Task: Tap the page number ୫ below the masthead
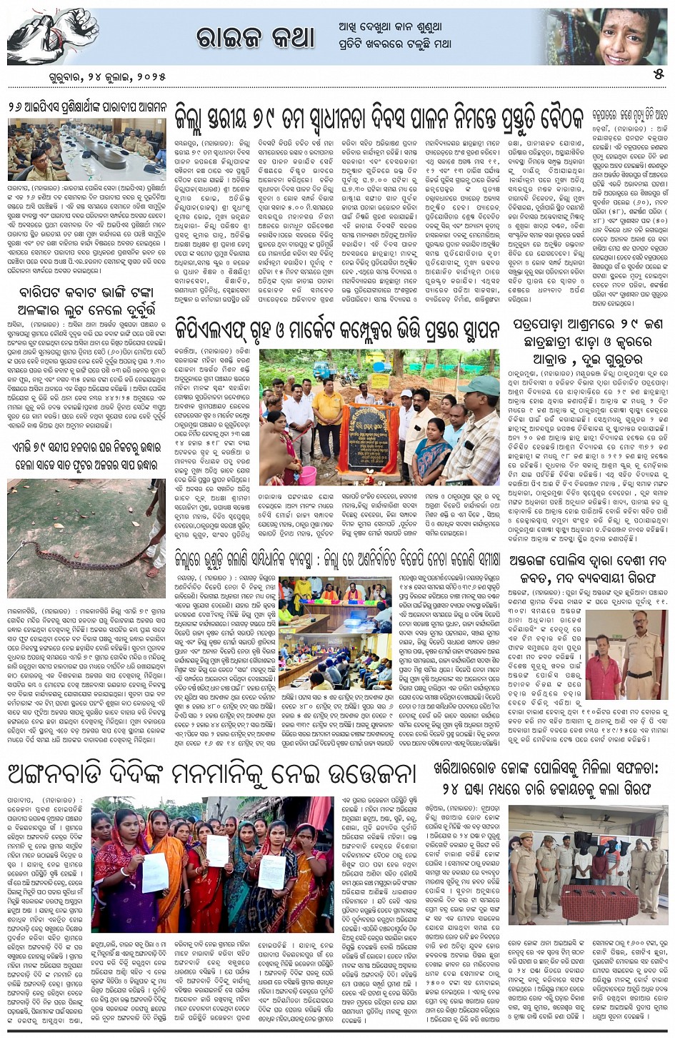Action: pos(659,73)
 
